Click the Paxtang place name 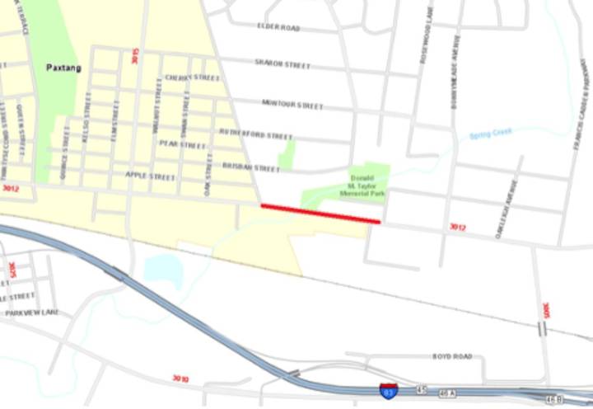63,68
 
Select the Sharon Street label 282,63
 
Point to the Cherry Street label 192,78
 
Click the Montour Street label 292,105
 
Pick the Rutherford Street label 255,134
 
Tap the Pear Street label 181,144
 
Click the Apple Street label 151,176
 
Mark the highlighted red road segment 320,214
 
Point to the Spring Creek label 490,132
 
